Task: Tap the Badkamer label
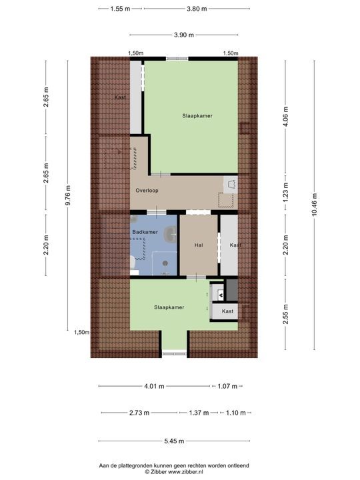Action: (x=145, y=231)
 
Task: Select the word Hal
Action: (x=198, y=245)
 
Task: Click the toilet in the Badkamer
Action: (x=133, y=267)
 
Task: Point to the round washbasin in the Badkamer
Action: (x=169, y=234)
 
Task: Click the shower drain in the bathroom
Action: (x=165, y=263)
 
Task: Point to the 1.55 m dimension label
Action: (x=120, y=9)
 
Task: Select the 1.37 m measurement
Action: (x=197, y=413)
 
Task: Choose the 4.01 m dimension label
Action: (x=153, y=386)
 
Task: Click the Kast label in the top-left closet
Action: (x=120, y=98)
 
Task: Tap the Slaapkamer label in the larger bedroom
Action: (x=197, y=115)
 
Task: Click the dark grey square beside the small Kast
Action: (x=232, y=288)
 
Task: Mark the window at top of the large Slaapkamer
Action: (x=177, y=59)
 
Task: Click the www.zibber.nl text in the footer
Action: (x=192, y=471)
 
